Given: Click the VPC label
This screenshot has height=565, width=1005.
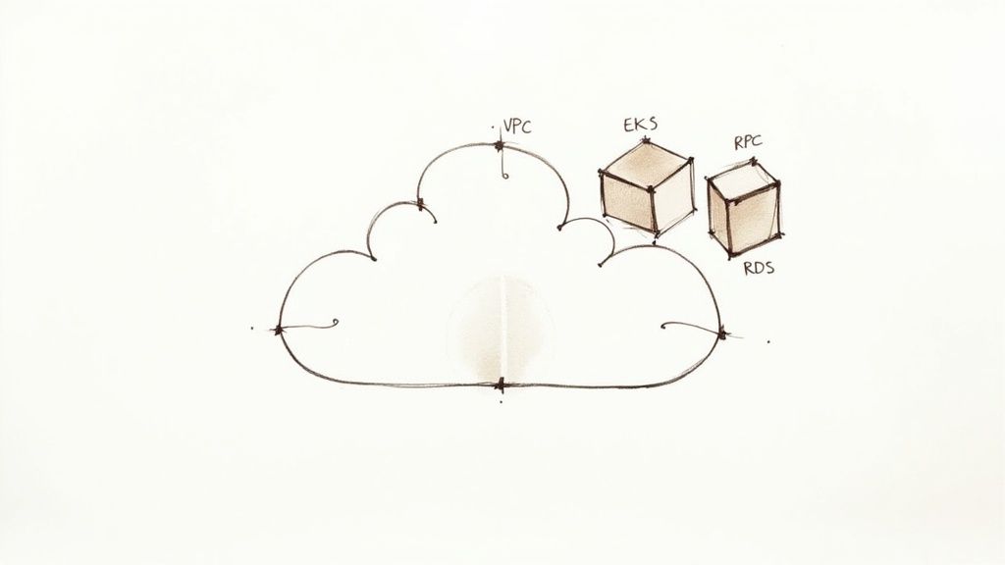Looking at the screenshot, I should [x=516, y=126].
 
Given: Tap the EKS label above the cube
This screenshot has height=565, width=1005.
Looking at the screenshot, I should [x=640, y=126].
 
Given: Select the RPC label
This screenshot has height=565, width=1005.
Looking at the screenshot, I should [x=749, y=142].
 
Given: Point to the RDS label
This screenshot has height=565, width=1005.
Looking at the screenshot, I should [x=757, y=268].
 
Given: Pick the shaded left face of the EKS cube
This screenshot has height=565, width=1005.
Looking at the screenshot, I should [x=626, y=201].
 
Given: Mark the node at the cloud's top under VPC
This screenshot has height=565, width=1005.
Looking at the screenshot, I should [x=500, y=146].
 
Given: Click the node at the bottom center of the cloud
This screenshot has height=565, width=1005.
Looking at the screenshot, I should [x=500, y=385].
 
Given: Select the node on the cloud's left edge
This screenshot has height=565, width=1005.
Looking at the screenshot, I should [x=279, y=329].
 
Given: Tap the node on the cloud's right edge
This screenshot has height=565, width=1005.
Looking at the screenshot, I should [x=722, y=334].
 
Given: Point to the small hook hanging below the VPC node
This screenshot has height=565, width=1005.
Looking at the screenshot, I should [x=503, y=174].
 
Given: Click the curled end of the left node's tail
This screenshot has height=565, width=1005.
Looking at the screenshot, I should [x=334, y=321].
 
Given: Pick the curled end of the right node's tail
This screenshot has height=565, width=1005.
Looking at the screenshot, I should [x=664, y=326].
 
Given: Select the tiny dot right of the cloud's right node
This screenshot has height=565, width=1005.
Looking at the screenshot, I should [x=767, y=341].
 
